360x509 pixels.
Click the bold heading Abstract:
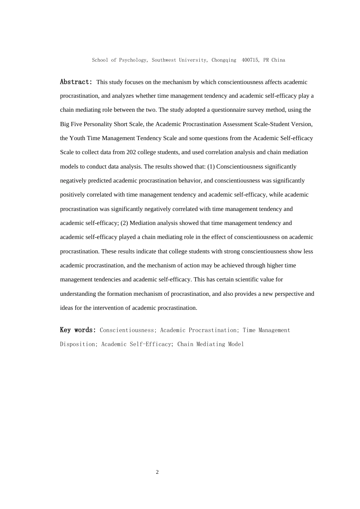[76, 82]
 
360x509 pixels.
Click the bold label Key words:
[78, 330]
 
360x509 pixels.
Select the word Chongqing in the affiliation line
[224, 60]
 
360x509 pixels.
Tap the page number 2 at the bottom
[157, 472]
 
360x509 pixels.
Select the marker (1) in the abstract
[211, 167]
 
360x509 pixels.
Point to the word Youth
[77, 138]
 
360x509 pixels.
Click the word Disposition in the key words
[78, 344]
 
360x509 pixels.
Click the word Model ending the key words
[236, 344]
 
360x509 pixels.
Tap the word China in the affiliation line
[279, 60]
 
